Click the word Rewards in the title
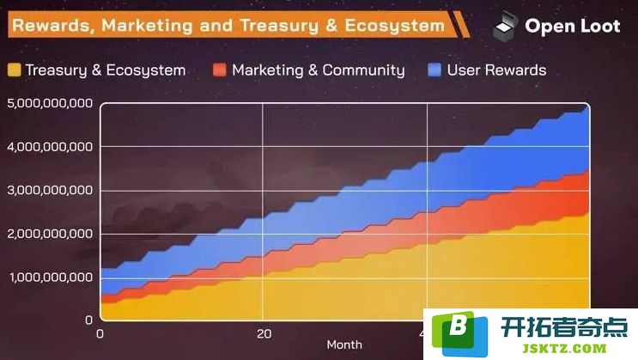(x=51, y=26)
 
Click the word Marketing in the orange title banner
(x=147, y=26)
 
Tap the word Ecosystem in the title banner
(x=395, y=26)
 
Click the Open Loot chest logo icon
(x=506, y=26)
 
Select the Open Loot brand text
(x=573, y=26)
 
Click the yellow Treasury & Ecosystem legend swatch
(x=15, y=70)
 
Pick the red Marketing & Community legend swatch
(x=219, y=70)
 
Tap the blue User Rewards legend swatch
(x=434, y=70)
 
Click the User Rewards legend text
(x=496, y=70)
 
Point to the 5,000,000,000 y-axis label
(x=50, y=103)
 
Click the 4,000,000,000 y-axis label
(x=50, y=147)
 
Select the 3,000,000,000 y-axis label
(x=50, y=190)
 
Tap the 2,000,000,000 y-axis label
(x=50, y=234)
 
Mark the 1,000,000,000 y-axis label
(x=51, y=278)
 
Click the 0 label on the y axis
(x=88, y=320)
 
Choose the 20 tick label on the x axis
(x=264, y=334)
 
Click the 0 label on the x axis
(x=100, y=334)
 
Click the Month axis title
(x=344, y=345)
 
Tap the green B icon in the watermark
(x=459, y=333)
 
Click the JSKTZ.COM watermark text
(x=564, y=349)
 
